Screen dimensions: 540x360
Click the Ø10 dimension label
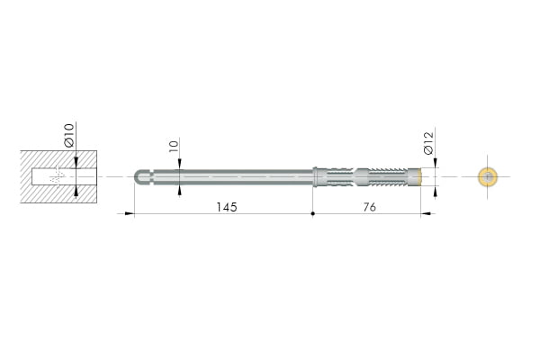click(69, 135)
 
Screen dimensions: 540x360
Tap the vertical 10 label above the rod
click(174, 146)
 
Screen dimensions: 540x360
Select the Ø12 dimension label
click(428, 143)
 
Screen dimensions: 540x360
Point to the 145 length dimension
click(227, 207)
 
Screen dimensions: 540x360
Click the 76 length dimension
click(370, 207)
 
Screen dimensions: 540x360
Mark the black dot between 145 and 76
click(312, 213)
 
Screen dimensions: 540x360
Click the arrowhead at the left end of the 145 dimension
click(129, 213)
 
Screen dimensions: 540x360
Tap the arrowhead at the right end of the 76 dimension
click(426, 213)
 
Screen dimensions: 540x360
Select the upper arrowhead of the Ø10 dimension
click(76, 163)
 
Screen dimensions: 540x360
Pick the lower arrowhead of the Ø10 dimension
click(76, 191)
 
